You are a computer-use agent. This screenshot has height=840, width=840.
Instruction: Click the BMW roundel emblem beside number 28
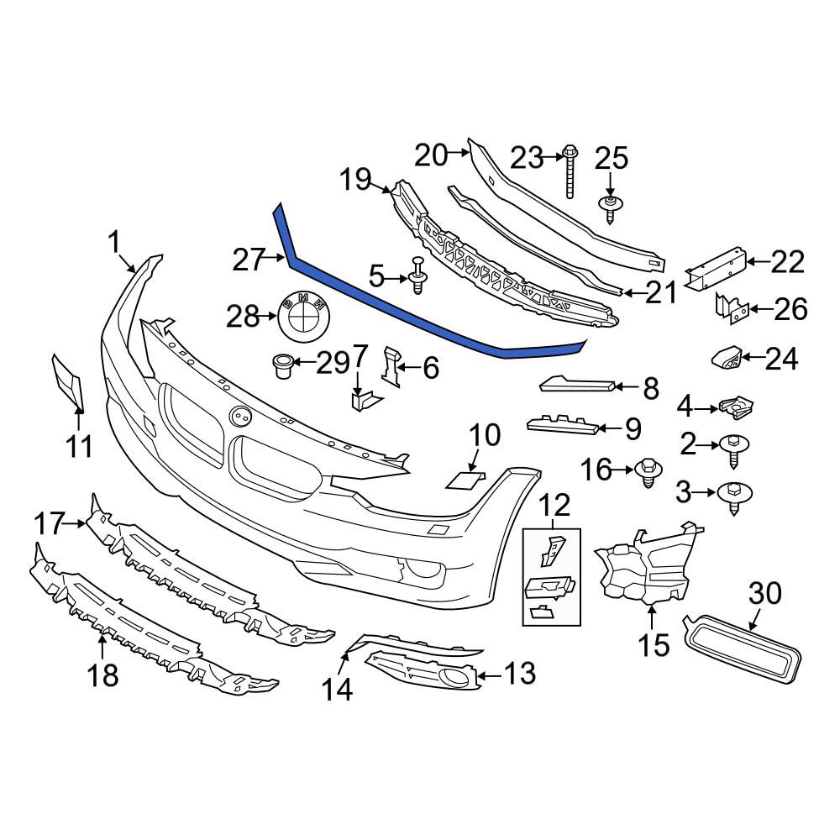click(x=302, y=317)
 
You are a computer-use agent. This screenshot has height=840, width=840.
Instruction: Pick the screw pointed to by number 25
click(x=610, y=209)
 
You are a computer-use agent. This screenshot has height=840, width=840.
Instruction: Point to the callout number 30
click(x=765, y=594)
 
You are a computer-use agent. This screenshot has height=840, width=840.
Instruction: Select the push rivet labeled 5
click(x=417, y=276)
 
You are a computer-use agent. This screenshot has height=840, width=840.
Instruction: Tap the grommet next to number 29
click(x=282, y=365)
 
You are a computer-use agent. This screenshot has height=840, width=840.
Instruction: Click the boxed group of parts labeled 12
click(x=551, y=577)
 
